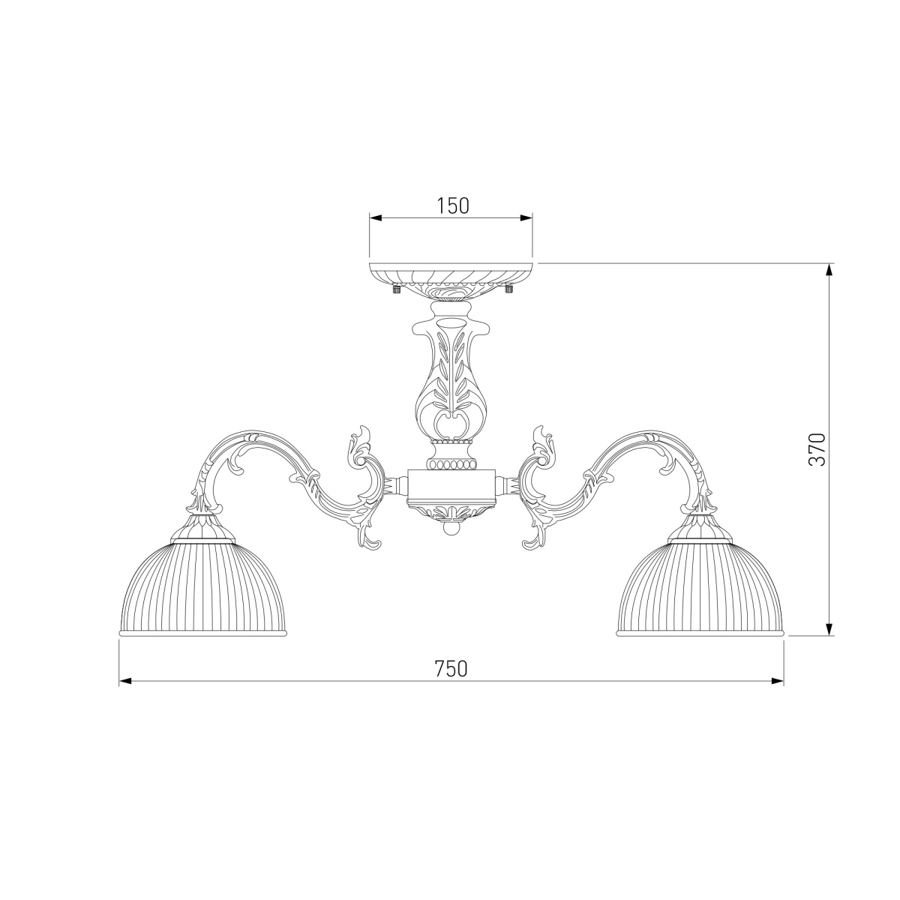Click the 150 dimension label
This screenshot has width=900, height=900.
pyautogui.click(x=452, y=206)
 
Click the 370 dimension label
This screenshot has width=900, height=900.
pyautogui.click(x=817, y=450)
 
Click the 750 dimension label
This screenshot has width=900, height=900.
pyautogui.click(x=451, y=669)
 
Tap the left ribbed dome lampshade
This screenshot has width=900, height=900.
pyautogui.click(x=202, y=588)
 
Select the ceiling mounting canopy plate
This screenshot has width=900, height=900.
pyautogui.click(x=451, y=281)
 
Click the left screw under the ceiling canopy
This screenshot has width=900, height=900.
pyautogui.click(x=396, y=289)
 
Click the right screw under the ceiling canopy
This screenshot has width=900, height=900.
pyautogui.click(x=508, y=289)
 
